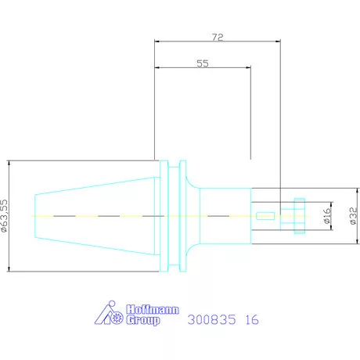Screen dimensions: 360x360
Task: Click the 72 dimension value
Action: pos(218,37)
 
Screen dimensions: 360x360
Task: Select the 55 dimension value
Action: pos(203,63)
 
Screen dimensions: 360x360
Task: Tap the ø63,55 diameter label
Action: pos(4,216)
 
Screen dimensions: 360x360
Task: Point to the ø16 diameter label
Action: pos(327,215)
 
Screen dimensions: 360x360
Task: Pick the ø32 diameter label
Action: pos(353,216)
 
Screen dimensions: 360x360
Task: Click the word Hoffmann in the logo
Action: pos(153,310)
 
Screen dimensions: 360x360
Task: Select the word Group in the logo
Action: pos(143,320)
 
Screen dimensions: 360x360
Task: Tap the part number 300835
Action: pos(211,320)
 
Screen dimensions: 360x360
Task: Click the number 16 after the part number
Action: pos(252,320)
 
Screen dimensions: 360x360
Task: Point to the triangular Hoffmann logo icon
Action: pos(109,313)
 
